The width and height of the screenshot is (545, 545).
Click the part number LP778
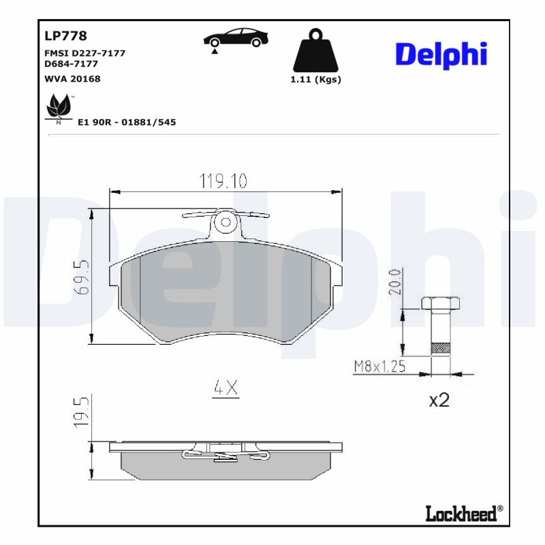(x=65, y=36)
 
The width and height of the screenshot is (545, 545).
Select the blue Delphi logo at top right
(x=441, y=54)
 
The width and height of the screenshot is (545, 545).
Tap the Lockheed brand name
(x=461, y=513)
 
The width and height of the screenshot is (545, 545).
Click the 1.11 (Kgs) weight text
(x=315, y=80)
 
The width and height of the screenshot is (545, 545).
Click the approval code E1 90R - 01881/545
(x=127, y=122)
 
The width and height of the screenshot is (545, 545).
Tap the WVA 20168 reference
(x=72, y=79)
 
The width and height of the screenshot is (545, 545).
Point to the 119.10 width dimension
(x=223, y=181)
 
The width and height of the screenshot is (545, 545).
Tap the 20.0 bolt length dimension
(x=394, y=282)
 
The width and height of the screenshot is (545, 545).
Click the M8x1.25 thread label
(x=379, y=367)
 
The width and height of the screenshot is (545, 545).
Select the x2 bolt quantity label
(x=439, y=400)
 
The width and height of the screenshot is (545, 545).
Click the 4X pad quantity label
(x=225, y=388)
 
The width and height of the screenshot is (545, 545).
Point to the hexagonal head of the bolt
(x=440, y=303)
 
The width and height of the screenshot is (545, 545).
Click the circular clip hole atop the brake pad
(x=224, y=222)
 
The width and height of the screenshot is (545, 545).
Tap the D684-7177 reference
(x=71, y=63)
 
